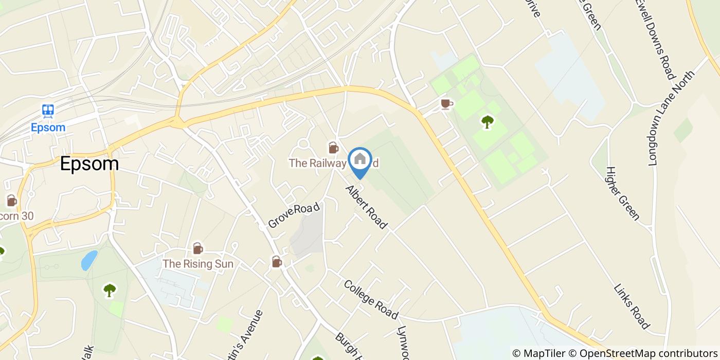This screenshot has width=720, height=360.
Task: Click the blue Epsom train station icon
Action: tap(48, 110)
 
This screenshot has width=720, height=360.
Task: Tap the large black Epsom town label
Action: tap(89, 164)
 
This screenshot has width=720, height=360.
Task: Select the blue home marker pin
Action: tap(360, 160)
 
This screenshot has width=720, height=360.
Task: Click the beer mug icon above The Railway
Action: tap(333, 148)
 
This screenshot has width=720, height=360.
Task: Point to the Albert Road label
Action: tap(367, 207)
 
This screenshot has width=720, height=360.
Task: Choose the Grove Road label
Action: tap(294, 215)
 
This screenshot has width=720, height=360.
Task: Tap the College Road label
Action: tap(371, 299)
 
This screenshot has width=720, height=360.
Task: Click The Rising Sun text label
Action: tap(198, 264)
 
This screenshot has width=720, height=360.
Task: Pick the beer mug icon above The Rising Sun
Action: tap(198, 249)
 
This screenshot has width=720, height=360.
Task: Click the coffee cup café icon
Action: tap(446, 104)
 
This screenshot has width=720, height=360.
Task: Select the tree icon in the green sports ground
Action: tap(487, 122)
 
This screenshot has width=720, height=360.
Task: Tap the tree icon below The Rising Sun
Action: tap(110, 290)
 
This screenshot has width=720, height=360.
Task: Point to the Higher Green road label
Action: tap(622, 193)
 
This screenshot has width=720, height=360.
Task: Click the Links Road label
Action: tap(632, 305)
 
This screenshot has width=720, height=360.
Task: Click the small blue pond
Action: tap(89, 260)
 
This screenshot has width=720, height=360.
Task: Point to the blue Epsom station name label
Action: tap(48, 127)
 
